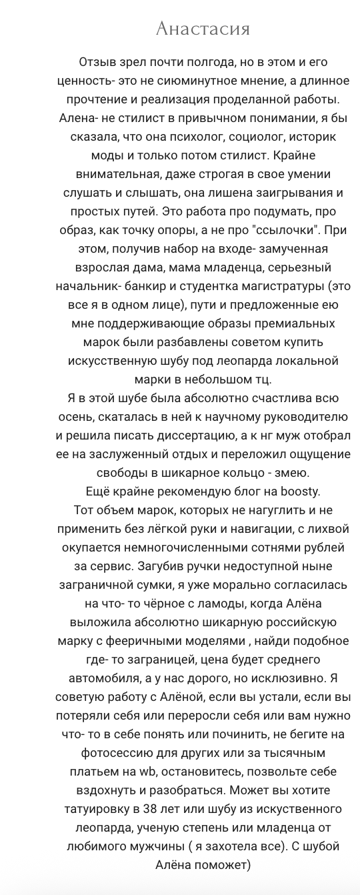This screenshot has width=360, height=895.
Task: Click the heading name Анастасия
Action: (x=203, y=29)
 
